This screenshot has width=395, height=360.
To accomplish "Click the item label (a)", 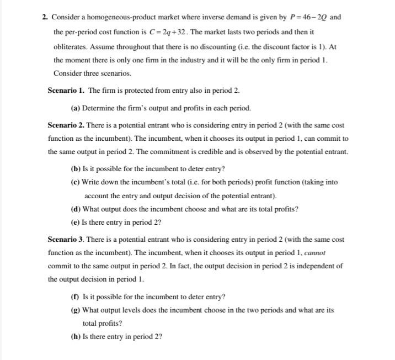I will point(76,108).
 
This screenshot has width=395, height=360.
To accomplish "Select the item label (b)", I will point(76,168).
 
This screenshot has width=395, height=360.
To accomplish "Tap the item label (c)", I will point(76,182).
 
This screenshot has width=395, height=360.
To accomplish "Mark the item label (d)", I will point(76,209).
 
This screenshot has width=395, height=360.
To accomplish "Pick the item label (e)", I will point(76,223).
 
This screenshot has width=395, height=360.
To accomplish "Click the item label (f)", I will point(76,296).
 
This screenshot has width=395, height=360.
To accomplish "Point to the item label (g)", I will point(76,310).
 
